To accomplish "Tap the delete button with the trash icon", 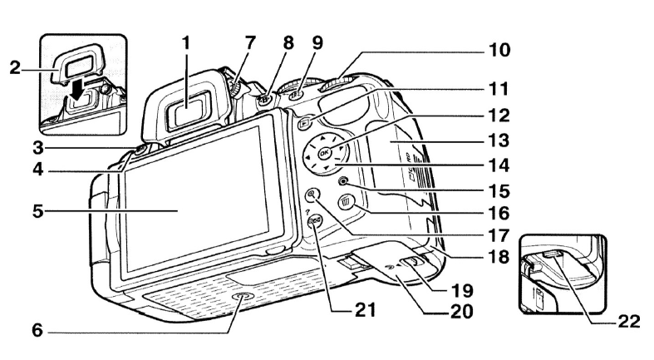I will coord(347,201).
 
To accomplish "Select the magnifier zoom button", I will coord(312,197).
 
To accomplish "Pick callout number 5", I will coord(15,211).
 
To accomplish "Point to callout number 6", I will coord(15,331).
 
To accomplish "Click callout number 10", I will coord(499,52).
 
